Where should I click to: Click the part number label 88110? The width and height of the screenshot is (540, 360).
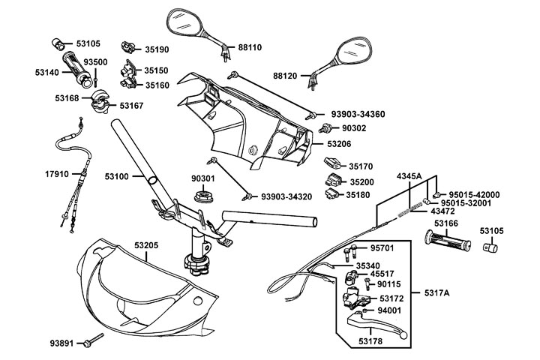[x=251, y=46]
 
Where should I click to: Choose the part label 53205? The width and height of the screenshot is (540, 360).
[x=147, y=244]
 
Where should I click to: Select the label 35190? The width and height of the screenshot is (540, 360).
[x=157, y=49]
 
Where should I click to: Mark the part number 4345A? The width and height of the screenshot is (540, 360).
[x=409, y=175]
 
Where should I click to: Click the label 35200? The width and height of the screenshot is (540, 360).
[x=360, y=182]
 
